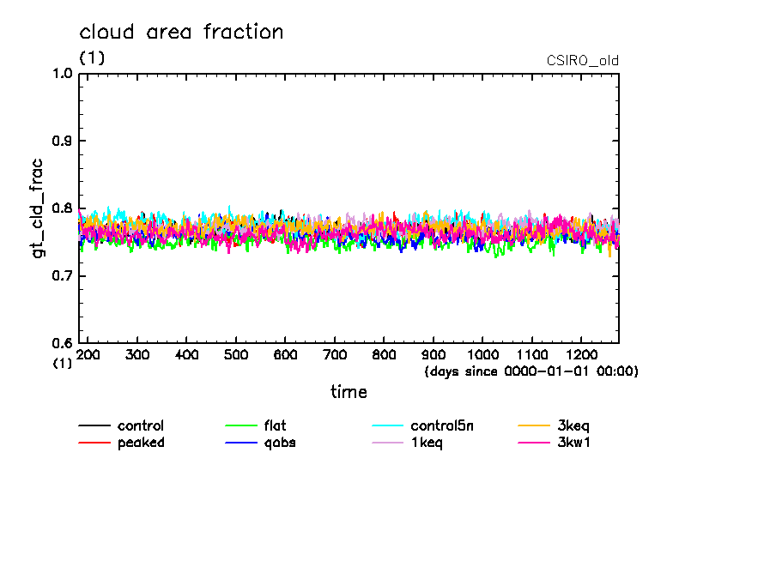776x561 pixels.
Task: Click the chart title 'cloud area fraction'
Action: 181,33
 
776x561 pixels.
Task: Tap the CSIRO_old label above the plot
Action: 582,61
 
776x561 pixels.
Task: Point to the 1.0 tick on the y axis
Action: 62,74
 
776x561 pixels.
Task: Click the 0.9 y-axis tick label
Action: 62,141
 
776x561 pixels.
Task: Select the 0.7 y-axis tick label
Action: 62,276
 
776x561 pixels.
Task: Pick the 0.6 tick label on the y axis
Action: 62,343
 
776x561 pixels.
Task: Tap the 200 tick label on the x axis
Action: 88,354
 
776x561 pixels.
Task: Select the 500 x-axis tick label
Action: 236,354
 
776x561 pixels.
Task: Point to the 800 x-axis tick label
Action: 385,354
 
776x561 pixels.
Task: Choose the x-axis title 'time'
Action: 349,392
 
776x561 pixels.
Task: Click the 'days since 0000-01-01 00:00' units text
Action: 531,371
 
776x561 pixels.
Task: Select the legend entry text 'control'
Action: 141,425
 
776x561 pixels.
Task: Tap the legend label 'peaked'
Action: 141,443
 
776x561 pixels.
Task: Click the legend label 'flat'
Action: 275,425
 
